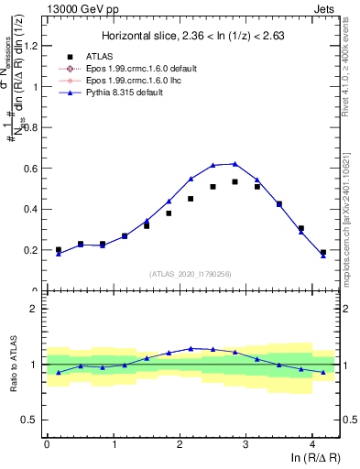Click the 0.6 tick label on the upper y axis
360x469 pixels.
pos(30,169)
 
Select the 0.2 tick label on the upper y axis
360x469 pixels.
pos(30,250)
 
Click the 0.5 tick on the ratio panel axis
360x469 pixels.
pos(30,420)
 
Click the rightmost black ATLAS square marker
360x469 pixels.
pos(323,252)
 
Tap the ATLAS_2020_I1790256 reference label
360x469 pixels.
pos(190,274)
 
